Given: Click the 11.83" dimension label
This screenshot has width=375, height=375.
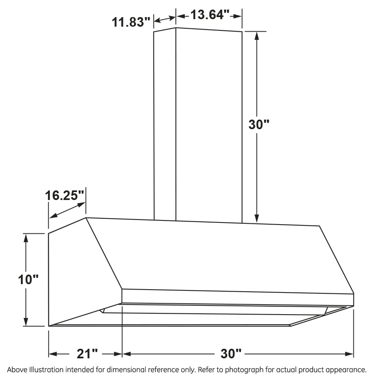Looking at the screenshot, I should tap(130, 22).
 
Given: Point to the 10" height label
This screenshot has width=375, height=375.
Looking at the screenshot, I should tap(28, 279).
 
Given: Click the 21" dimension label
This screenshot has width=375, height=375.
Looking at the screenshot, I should tap(87, 354).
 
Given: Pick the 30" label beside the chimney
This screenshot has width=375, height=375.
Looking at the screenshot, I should tap(259, 125).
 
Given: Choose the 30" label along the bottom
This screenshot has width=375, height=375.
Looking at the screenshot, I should tap(231, 354).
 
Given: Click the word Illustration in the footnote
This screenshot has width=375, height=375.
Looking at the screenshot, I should tap(45, 370).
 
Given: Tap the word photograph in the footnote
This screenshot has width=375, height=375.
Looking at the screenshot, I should tap(244, 370).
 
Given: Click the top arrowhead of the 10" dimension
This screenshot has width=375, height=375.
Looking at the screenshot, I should tap(26, 238).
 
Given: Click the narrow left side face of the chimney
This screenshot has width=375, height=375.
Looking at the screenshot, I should tap(165, 125).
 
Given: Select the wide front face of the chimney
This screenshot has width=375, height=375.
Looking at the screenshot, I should tap(208, 125).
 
